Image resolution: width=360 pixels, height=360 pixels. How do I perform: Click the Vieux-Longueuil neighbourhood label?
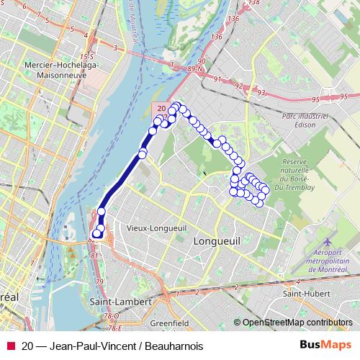point(148,228)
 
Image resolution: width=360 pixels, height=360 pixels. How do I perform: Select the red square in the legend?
point(10,344)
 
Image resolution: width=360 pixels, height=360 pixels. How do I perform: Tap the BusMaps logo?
point(325,344)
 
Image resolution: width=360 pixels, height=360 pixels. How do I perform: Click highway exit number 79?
point(99,281)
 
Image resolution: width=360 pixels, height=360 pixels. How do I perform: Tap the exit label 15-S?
point(87,55)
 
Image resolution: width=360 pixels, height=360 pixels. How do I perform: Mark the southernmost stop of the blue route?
point(98,233)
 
